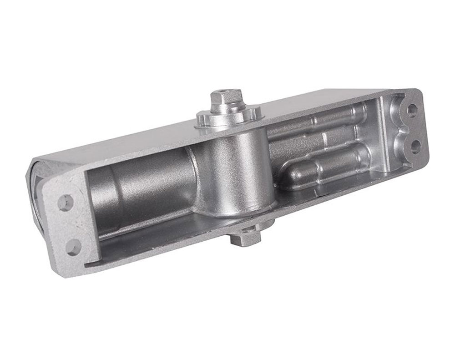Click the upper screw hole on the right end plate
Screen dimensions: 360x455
click(412, 110)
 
